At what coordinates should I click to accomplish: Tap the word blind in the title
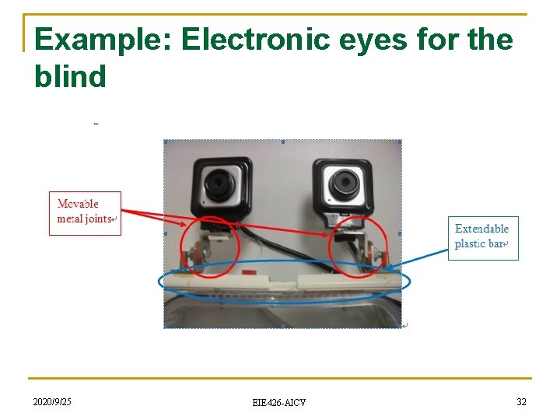click(70, 75)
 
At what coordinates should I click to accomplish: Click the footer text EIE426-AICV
click(279, 402)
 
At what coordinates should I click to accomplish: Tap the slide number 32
click(521, 401)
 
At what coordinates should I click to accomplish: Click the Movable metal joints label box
click(85, 212)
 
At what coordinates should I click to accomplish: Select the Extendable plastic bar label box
click(483, 237)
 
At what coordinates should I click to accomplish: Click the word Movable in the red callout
click(78, 205)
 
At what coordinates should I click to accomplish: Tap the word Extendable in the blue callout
click(481, 229)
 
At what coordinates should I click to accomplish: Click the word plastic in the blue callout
click(470, 243)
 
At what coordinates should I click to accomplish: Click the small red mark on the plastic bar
click(249, 274)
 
